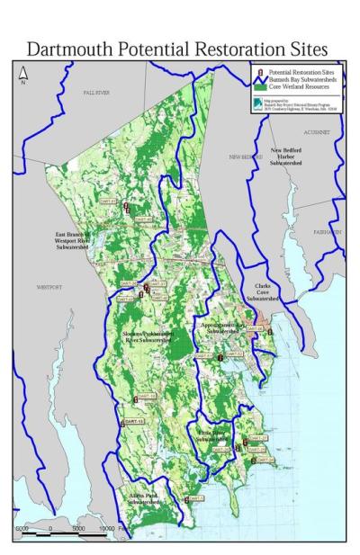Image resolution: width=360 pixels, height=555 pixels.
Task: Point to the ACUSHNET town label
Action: [x=317, y=130]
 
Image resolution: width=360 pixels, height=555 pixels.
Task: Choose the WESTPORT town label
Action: [x=46, y=287]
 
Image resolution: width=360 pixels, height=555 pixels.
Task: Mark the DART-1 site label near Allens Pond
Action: [x=196, y=498]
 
